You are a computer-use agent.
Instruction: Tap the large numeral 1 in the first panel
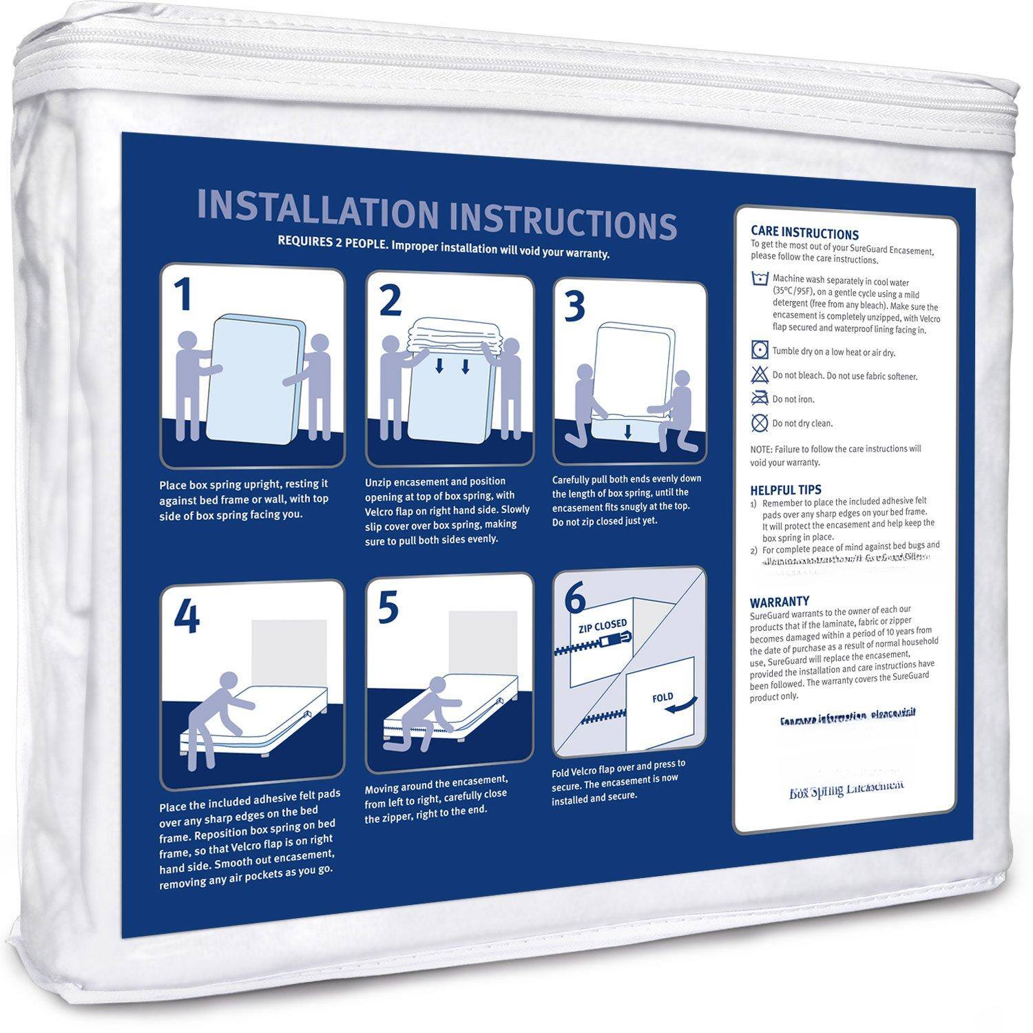[182, 297]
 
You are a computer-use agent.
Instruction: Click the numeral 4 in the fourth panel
[186, 617]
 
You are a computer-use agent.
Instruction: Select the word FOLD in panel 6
[662, 698]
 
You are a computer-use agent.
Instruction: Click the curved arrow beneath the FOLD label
[681, 708]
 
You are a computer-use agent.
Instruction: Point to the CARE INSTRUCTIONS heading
[804, 234]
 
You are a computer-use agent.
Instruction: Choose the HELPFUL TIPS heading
[785, 490]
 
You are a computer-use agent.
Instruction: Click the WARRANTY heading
[779, 601]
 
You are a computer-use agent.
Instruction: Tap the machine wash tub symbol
[760, 280]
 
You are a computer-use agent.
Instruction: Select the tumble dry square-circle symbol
[760, 351]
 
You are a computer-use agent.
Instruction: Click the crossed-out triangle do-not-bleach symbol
[760, 375]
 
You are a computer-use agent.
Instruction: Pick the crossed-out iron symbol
[760, 398]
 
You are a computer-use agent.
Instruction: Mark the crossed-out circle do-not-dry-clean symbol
[760, 422]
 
